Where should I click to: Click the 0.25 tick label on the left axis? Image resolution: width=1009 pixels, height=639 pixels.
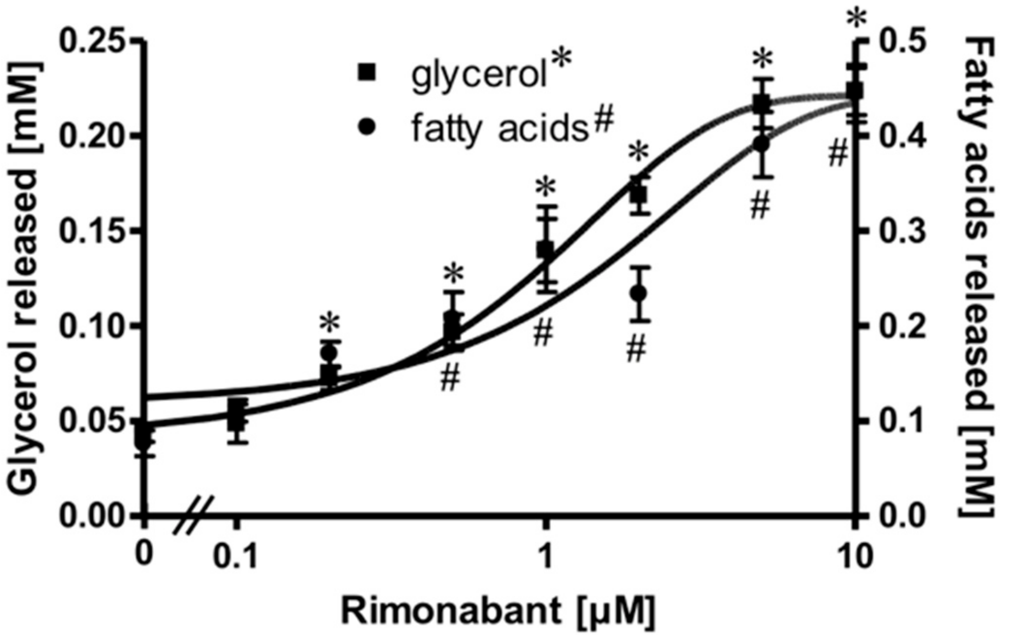coord(92,41)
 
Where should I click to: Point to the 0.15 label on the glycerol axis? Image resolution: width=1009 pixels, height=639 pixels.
coord(92,231)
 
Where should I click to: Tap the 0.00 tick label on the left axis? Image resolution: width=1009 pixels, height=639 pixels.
coord(92,516)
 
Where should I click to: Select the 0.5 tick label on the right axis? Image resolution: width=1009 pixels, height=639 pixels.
coord(902,41)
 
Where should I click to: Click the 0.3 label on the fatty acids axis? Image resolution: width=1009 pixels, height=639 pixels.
coord(902,231)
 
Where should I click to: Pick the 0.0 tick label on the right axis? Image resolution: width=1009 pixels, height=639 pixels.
coord(902,516)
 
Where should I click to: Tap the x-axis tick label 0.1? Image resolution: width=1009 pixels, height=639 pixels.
coord(236,557)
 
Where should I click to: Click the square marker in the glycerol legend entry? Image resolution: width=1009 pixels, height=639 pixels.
coord(367,73)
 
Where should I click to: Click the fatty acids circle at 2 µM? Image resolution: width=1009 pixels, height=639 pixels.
coord(639,293)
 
